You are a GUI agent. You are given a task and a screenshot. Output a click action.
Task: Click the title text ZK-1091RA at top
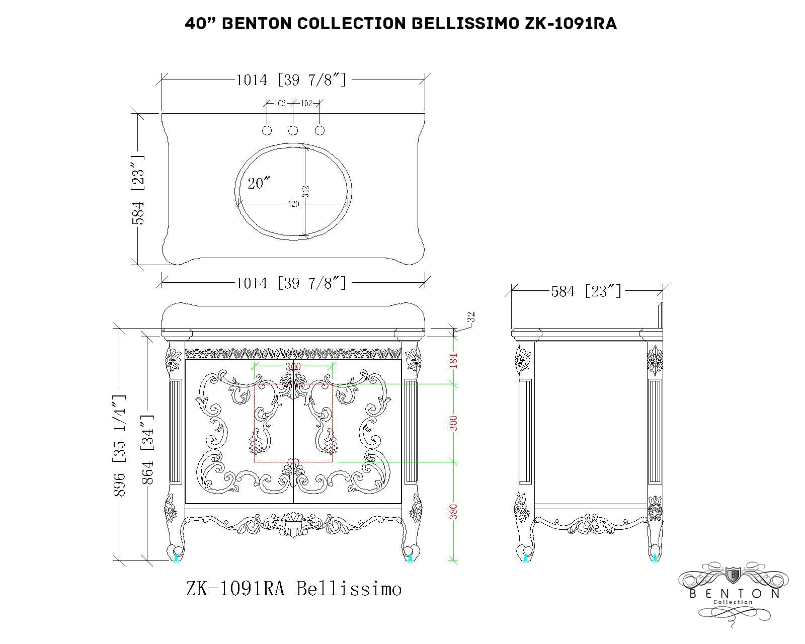[571, 23]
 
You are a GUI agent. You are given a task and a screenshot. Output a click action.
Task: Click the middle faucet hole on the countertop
[293, 130]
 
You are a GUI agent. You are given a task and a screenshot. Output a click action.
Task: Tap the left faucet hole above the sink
[267, 130]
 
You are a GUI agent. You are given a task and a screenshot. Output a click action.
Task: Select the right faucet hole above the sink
[319, 130]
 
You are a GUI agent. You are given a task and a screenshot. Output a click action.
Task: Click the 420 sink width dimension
[293, 204]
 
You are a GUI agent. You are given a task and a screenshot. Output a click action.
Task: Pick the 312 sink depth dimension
[305, 191]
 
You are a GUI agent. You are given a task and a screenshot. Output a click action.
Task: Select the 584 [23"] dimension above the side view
[586, 291]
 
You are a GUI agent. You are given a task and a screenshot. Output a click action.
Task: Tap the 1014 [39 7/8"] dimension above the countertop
[291, 79]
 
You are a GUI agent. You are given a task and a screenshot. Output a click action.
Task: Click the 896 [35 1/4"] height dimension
[120, 445]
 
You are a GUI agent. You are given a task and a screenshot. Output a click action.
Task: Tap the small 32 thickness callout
[471, 317]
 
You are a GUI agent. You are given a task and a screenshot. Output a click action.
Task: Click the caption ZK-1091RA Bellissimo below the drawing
[294, 588]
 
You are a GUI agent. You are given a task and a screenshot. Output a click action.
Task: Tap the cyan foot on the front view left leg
[177, 557]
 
